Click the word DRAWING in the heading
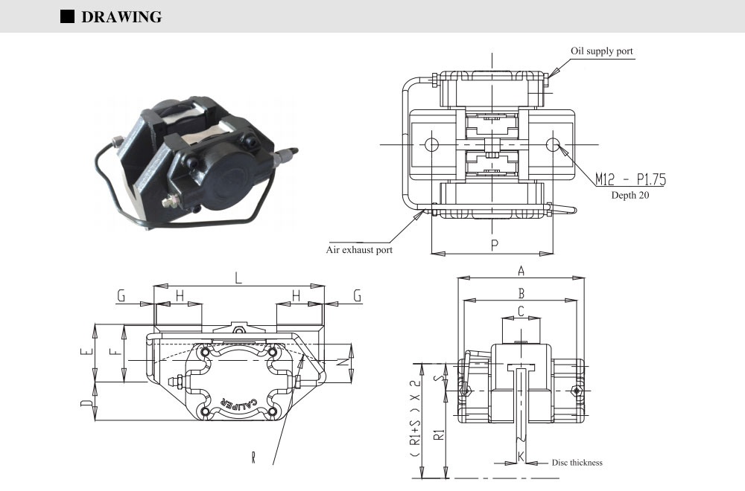pyautogui.click(x=121, y=17)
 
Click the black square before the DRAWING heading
pyautogui.click(x=67, y=16)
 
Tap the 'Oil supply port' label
pyautogui.click(x=602, y=51)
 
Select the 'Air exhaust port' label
pyautogui.click(x=359, y=250)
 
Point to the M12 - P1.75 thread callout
pyautogui.click(x=630, y=179)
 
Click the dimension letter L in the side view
pyautogui.click(x=238, y=278)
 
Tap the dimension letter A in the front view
pyautogui.click(x=521, y=271)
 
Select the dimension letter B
pyautogui.click(x=521, y=293)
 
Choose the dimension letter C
pyautogui.click(x=521, y=311)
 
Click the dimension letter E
pyautogui.click(x=86, y=353)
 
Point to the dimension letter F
pyautogui.click(x=112, y=353)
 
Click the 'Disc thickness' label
pyautogui.click(x=577, y=463)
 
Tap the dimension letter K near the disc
pyautogui.click(x=520, y=455)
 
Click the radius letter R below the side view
pyautogui.click(x=253, y=457)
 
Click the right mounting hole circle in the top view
pyautogui.click(x=553, y=144)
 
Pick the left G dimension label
pyautogui.click(x=121, y=296)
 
